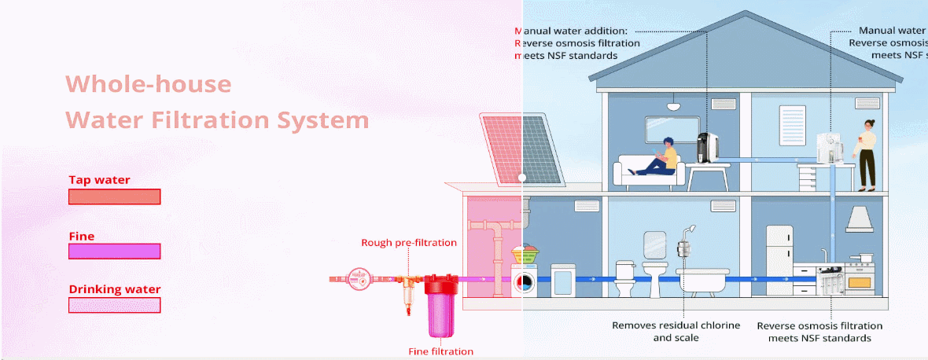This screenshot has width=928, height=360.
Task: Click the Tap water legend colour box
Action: [x=115, y=197]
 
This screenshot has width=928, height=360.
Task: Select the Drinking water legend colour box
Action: [x=115, y=305]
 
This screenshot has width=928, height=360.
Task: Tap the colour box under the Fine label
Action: [x=115, y=252]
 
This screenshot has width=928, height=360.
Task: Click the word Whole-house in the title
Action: [x=148, y=84]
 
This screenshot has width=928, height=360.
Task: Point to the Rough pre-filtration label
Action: [x=408, y=243]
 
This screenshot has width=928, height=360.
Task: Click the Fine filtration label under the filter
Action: [x=440, y=351]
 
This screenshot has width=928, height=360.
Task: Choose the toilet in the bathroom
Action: [x=624, y=279]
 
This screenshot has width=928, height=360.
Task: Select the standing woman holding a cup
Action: [x=867, y=154]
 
